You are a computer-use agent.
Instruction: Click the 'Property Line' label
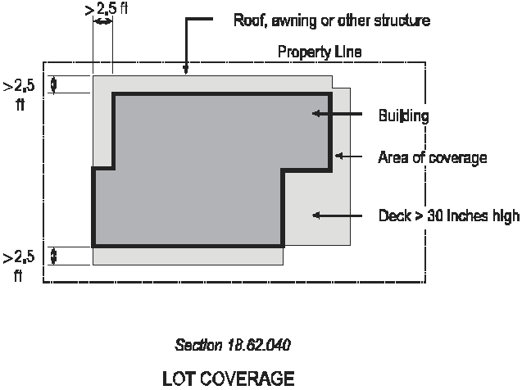(x=319, y=52)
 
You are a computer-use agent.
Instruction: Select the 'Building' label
(x=403, y=116)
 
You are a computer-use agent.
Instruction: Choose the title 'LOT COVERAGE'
(x=228, y=379)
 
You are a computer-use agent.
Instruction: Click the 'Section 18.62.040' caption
(x=233, y=345)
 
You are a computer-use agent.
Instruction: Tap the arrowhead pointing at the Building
(x=318, y=115)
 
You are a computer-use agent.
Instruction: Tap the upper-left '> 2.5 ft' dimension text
(x=19, y=94)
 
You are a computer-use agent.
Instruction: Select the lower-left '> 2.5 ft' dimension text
(x=19, y=265)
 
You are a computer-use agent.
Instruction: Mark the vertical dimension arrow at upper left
(x=54, y=84)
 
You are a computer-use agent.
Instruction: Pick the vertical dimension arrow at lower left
(x=54, y=256)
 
